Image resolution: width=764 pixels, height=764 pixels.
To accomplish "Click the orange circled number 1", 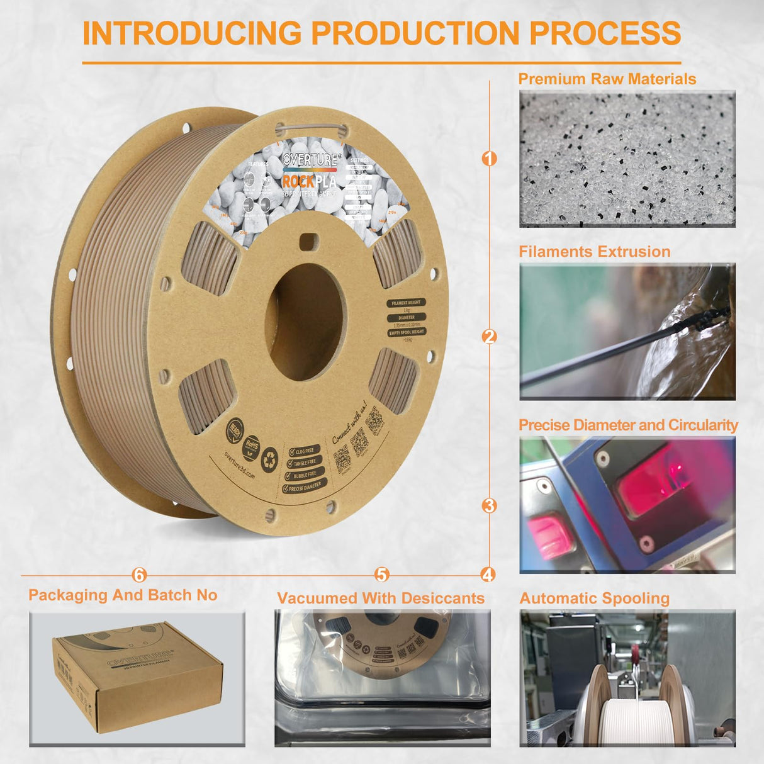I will pyautogui.click(x=489, y=158).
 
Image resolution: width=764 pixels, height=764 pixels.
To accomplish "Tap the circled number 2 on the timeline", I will pyautogui.click(x=489, y=337).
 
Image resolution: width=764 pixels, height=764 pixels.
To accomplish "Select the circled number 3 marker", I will pyautogui.click(x=489, y=505).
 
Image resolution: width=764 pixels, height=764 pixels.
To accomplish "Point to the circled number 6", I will pyautogui.click(x=139, y=575).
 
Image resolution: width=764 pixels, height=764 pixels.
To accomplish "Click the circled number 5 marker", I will pyautogui.click(x=382, y=575).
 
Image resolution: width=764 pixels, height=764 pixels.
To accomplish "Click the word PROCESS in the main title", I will pyautogui.click(x=605, y=33).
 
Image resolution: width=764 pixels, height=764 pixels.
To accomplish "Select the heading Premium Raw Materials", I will pyautogui.click(x=607, y=79).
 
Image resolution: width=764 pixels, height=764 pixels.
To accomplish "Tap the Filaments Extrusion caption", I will pyautogui.click(x=594, y=252).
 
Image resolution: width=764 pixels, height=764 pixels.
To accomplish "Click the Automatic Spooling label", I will pyautogui.click(x=594, y=598).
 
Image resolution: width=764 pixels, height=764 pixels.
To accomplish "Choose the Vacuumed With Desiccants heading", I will pyautogui.click(x=381, y=598).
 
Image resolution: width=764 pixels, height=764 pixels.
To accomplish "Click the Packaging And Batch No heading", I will pyautogui.click(x=123, y=595).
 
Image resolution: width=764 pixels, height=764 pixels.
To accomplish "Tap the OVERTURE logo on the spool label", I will pyautogui.click(x=310, y=160).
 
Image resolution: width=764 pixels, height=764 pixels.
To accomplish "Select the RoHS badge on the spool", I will pyautogui.click(x=251, y=445).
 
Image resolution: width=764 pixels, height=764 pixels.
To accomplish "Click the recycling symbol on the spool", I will pyautogui.click(x=269, y=458).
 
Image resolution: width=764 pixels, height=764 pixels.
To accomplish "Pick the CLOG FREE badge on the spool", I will pyautogui.click(x=305, y=451).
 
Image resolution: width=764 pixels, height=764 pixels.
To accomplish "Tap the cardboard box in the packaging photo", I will pyautogui.click(x=137, y=674).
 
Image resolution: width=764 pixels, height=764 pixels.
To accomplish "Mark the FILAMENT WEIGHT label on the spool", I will pyautogui.click(x=406, y=303).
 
